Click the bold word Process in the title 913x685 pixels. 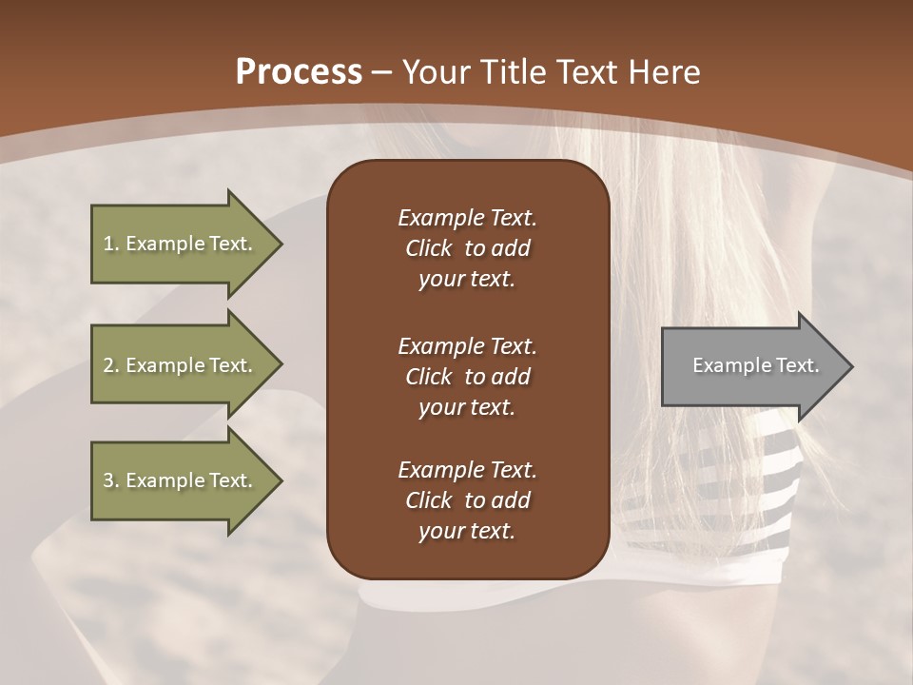(x=299, y=72)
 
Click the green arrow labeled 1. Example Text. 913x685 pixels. (x=181, y=244)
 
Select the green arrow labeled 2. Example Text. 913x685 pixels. (x=181, y=365)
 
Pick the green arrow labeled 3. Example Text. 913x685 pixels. (x=181, y=480)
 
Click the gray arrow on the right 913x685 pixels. (x=751, y=365)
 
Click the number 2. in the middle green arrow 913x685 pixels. (x=111, y=365)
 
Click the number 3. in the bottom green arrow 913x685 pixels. (x=111, y=480)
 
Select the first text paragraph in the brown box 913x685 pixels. (x=467, y=248)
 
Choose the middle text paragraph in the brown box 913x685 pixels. (x=467, y=377)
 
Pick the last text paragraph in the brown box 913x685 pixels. (x=467, y=500)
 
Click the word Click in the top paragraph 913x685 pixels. (x=429, y=248)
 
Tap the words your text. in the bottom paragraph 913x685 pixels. (x=467, y=531)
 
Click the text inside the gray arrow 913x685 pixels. (x=755, y=365)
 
